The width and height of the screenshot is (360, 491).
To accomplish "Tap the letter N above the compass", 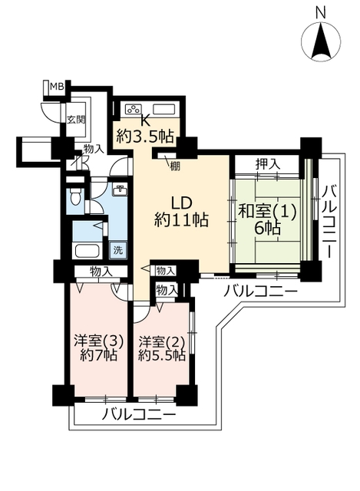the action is tap(321, 13).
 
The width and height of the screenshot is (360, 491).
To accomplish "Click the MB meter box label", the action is tap(57, 87).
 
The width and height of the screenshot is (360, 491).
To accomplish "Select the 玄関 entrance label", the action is tap(76, 120).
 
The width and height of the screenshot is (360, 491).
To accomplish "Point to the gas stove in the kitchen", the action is tap(134, 109).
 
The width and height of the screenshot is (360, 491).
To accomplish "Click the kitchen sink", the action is tap(163, 110).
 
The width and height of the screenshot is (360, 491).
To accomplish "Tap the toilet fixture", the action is tap(75, 196).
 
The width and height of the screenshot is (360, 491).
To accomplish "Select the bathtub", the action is tap(88, 251).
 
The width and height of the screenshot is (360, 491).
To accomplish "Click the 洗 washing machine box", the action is tap(117, 250).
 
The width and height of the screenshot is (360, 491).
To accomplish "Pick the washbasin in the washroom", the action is tap(120, 190).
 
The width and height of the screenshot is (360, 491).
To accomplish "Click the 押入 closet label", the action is tap(267, 164).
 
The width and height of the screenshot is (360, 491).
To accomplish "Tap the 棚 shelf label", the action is tap(175, 166).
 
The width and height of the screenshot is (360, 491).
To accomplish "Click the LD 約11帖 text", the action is tap(181, 212).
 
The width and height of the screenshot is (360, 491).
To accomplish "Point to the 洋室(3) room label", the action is tap(98, 341).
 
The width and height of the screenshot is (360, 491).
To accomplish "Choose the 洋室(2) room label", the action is tap(162, 342).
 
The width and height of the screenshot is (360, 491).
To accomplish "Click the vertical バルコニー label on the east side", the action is tap(329, 222).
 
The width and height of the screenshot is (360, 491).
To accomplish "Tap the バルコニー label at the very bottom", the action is tap(139, 415).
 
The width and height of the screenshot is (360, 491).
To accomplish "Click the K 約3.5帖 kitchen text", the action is tap(145, 130).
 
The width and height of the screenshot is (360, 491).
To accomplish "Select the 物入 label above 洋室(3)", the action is tap(101, 271).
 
